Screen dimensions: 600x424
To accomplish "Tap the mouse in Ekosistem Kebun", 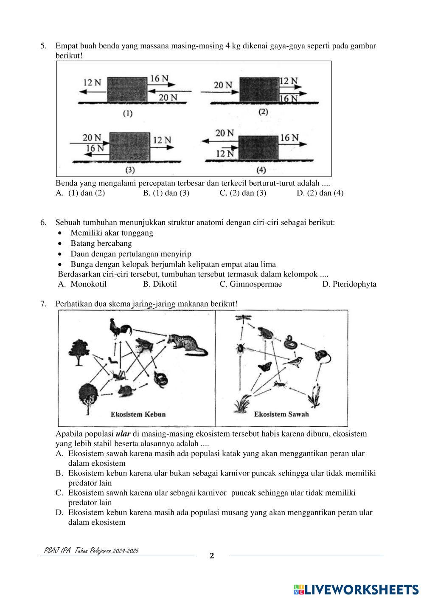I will (126, 389).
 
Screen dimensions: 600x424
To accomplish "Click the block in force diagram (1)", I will (126, 90).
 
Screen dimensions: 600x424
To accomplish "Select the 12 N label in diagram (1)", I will (92, 82).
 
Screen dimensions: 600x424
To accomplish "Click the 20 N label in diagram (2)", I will (223, 85).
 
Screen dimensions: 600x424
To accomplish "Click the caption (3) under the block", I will (129, 170).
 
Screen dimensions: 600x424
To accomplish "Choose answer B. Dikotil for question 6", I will (160, 284).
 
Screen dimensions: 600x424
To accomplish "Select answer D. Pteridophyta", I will (349, 284).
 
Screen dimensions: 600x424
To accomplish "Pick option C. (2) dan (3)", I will (243, 193).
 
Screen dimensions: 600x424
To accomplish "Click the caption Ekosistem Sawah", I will (281, 414).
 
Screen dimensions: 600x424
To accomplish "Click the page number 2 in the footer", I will (212, 556).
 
